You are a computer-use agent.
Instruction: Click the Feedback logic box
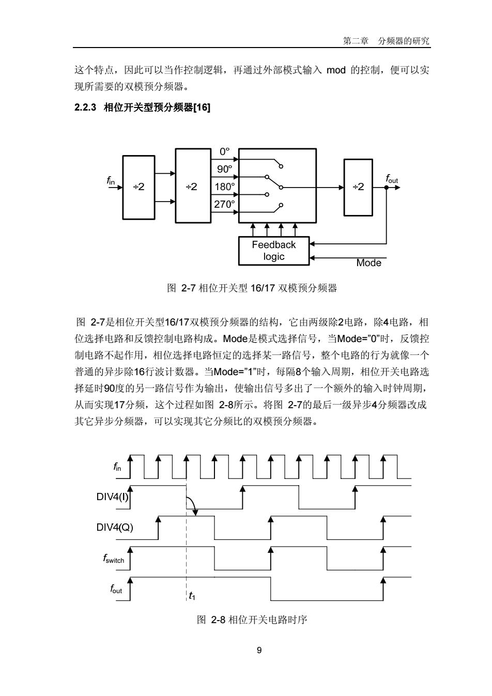(x=274, y=251)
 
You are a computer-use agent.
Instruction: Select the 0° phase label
(x=224, y=151)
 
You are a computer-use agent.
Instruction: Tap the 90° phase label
(x=224, y=169)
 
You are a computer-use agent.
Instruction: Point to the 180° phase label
(x=224, y=187)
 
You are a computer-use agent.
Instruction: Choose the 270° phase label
(x=224, y=204)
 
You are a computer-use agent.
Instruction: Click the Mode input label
(x=368, y=263)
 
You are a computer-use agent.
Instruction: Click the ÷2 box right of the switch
(x=358, y=188)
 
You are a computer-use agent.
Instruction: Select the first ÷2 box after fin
(x=139, y=188)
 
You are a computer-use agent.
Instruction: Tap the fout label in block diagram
(x=392, y=179)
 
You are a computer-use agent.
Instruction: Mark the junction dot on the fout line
(x=387, y=188)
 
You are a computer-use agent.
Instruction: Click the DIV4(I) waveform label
(x=113, y=497)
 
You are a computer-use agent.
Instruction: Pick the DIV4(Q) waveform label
(x=115, y=527)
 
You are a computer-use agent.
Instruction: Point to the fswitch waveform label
(x=114, y=559)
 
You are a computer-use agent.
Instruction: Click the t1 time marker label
(x=192, y=596)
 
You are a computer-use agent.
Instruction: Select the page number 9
(x=259, y=650)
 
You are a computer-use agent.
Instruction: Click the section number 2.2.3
(x=85, y=107)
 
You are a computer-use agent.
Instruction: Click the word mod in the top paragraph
(x=336, y=70)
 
